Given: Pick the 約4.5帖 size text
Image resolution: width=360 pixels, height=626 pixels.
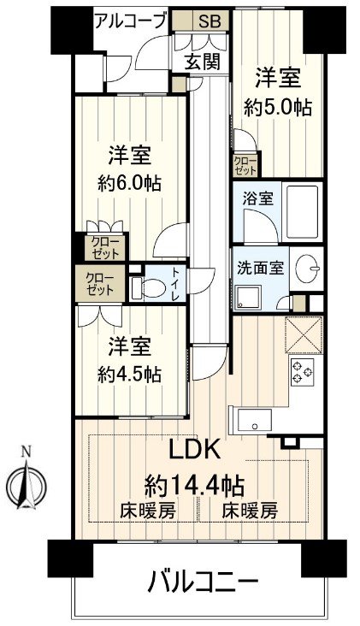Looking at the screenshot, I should tap(129, 374).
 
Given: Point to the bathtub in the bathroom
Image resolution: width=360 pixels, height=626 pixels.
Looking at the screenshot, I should tap(301, 210).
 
